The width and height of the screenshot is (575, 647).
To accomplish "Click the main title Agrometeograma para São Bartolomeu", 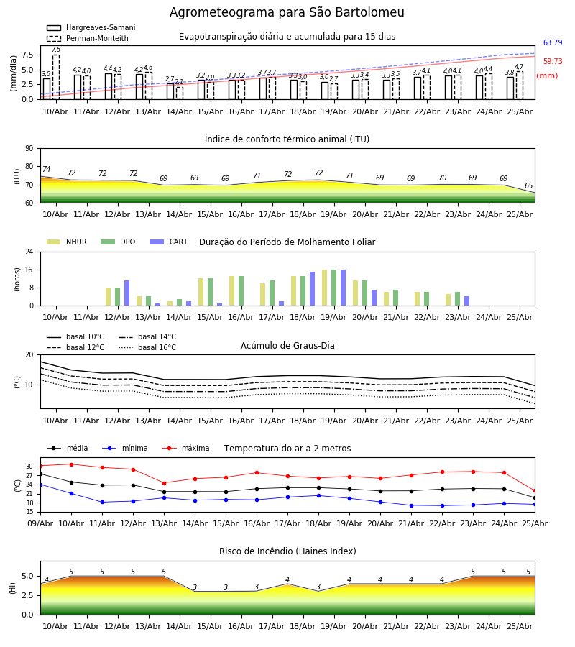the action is (287, 12).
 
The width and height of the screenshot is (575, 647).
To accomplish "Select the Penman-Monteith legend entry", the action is (88, 38).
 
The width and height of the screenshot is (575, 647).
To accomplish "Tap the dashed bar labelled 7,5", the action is (56, 77).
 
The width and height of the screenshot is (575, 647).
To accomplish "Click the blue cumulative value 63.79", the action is (553, 42).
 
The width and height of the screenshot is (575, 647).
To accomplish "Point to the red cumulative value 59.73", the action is (553, 61).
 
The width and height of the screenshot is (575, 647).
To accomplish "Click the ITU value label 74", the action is (46, 169).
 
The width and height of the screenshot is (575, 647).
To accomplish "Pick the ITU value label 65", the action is (528, 185).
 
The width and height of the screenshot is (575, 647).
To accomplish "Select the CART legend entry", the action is (169, 242).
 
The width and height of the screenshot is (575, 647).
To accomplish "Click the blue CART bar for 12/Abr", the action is (127, 293).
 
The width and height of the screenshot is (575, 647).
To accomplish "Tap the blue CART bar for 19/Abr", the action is (343, 288).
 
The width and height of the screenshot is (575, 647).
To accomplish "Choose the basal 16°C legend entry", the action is (147, 347).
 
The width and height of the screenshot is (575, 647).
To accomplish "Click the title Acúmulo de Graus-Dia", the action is (287, 346).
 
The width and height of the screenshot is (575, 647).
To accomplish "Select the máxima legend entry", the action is (185, 448).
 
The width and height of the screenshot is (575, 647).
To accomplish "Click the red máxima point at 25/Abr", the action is (535, 491).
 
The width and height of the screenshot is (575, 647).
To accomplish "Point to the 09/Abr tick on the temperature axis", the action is (40, 523).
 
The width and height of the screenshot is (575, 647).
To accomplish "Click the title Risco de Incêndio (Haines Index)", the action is (287, 551).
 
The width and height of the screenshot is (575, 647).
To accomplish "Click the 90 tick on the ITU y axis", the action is (29, 149).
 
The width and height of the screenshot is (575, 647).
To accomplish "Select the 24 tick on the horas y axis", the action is (29, 252).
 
